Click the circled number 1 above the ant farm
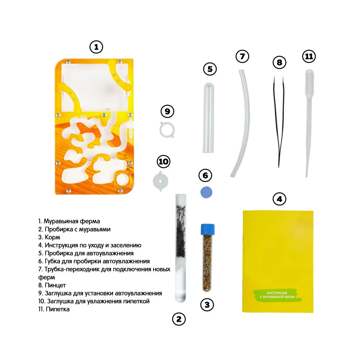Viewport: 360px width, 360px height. [x=96, y=47]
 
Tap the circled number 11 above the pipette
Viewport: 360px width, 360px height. [x=309, y=56]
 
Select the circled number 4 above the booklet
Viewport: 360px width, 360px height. [x=279, y=199]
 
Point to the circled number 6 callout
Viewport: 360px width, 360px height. [x=205, y=175]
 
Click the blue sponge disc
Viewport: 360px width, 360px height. [x=206, y=192]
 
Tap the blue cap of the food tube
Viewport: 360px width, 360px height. [x=208, y=229]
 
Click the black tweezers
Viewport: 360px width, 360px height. [x=279, y=122]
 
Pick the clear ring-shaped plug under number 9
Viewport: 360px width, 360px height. [x=167, y=130]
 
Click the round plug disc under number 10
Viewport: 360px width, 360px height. [x=161, y=182]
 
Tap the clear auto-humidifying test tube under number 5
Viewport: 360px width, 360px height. [x=208, y=117]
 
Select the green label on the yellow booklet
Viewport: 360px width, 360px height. [x=277, y=295]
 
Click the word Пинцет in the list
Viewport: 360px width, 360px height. [x=55, y=285]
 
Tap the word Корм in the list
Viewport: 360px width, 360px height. [x=52, y=237]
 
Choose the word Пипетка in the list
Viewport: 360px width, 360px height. [x=57, y=309]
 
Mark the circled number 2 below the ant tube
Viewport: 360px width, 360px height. [x=178, y=319]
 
